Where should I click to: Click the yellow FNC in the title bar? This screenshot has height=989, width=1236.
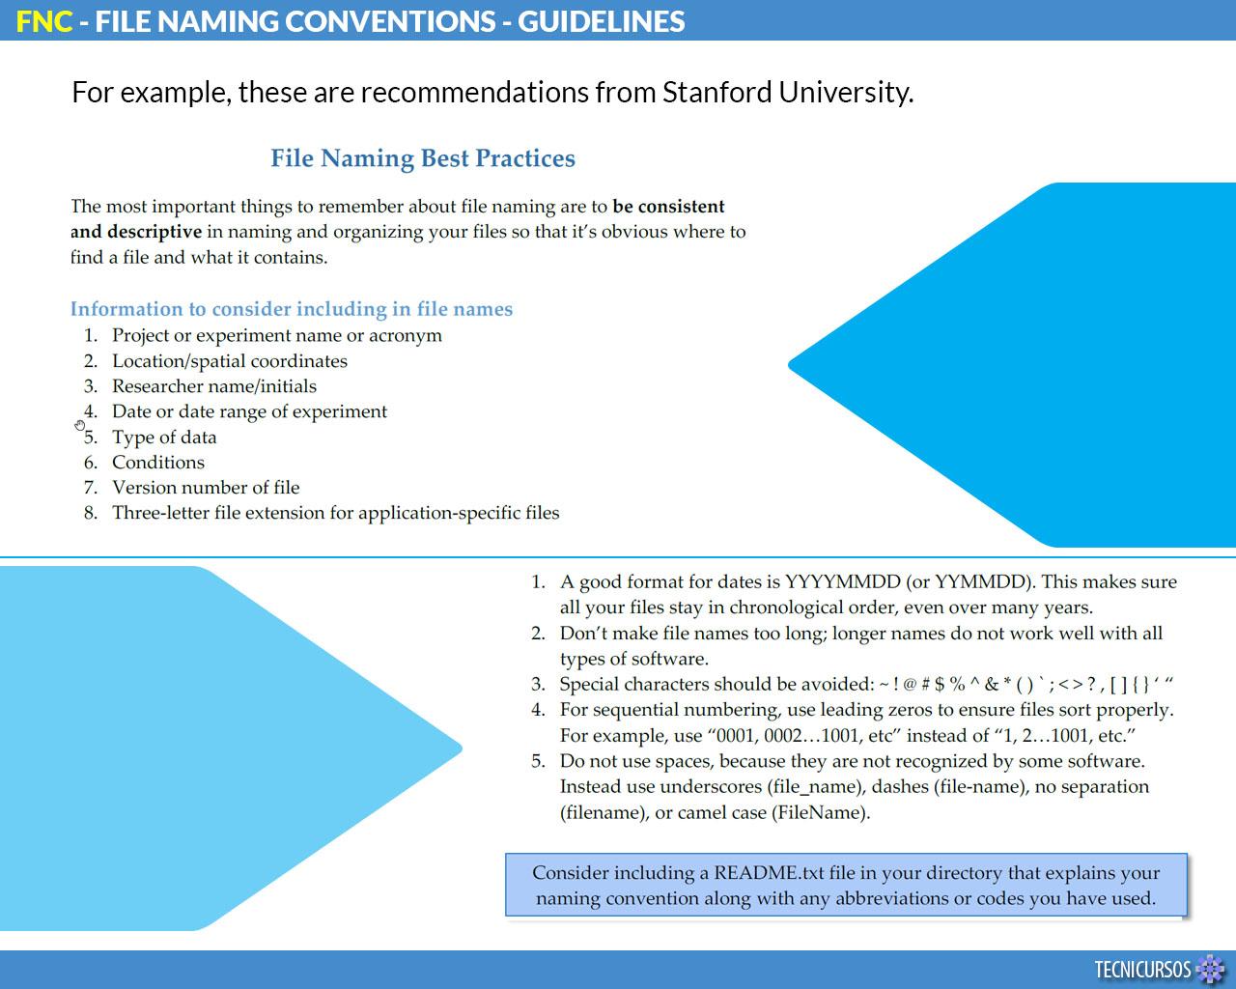coord(44,20)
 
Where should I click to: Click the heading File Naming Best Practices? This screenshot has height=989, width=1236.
coord(423,158)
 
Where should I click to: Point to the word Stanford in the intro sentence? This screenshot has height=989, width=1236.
coord(716,92)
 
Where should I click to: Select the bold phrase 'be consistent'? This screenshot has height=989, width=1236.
coord(668,207)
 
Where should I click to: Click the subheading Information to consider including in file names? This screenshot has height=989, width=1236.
coord(291,309)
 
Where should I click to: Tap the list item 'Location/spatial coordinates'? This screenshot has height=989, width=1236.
coord(230,361)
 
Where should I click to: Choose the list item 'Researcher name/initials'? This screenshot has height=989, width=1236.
coord(214,386)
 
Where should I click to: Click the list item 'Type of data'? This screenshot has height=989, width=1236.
coord(164,438)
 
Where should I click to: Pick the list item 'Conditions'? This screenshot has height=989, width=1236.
coord(158,463)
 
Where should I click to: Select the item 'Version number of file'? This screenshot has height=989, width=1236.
coord(206,488)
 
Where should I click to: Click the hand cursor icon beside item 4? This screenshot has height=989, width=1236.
coord(79,425)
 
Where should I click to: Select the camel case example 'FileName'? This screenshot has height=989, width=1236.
coord(820,812)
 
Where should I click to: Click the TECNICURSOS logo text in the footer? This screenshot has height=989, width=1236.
coord(1143,969)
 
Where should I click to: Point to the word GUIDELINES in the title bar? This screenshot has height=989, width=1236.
coord(602,20)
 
